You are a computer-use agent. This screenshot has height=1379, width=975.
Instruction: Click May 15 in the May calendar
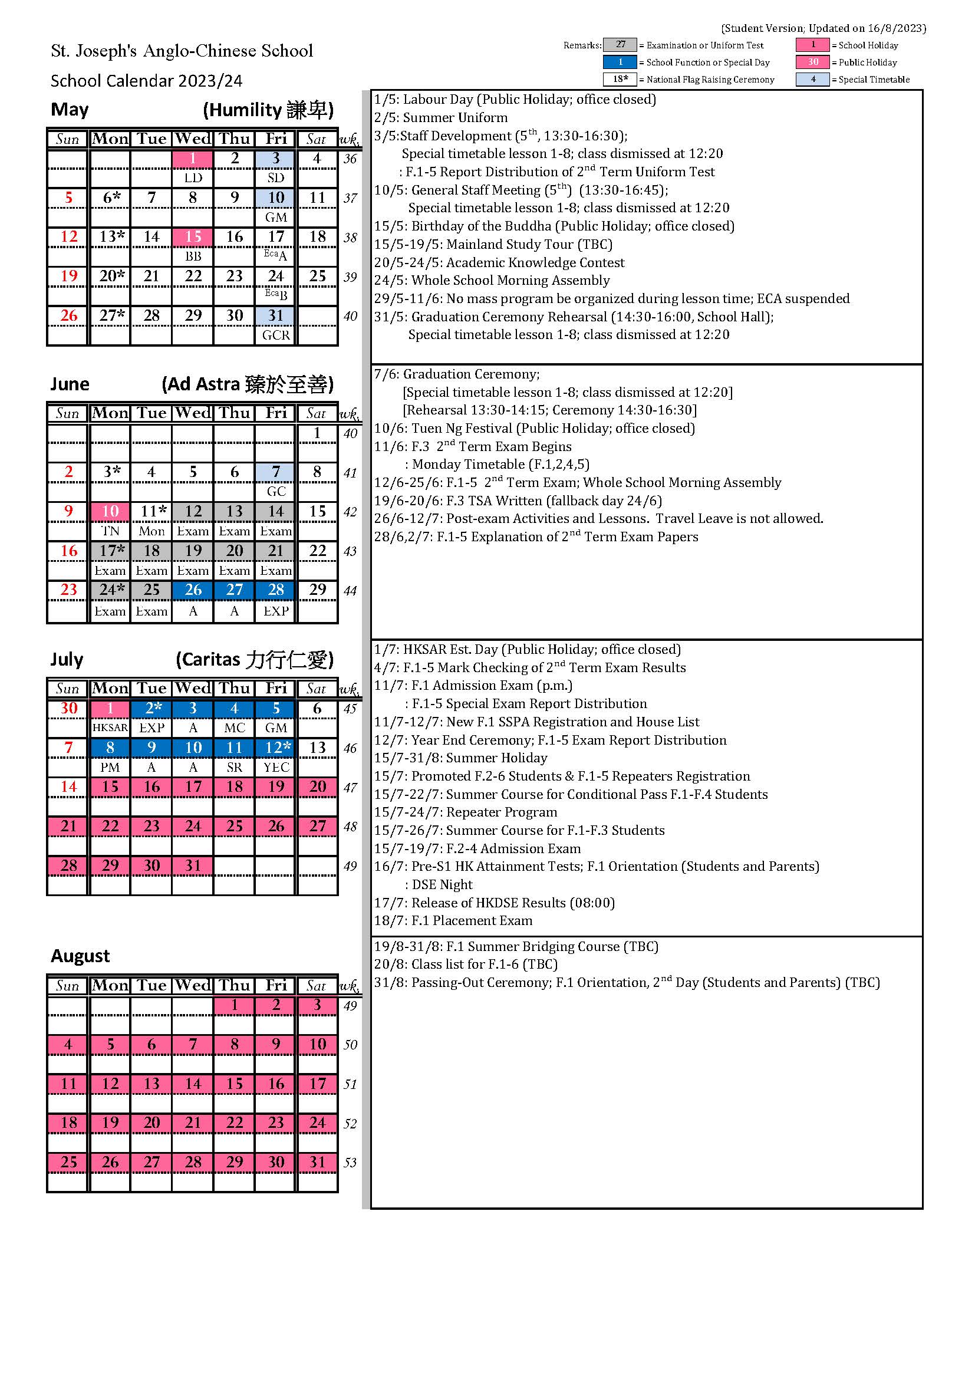click(x=193, y=236)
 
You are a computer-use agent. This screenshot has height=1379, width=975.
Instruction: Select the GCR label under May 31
click(x=275, y=335)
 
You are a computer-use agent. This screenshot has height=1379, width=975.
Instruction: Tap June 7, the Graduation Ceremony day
click(x=275, y=472)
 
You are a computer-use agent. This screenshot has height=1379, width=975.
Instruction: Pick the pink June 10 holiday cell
click(x=110, y=511)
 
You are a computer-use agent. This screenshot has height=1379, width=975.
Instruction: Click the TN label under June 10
click(x=110, y=531)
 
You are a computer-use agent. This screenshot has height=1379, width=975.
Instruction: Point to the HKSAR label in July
click(x=110, y=728)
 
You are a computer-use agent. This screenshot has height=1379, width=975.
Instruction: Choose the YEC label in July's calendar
click(x=275, y=767)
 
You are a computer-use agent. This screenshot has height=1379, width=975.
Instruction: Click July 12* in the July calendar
click(x=275, y=748)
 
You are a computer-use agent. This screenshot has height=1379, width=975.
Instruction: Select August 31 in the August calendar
click(x=317, y=1162)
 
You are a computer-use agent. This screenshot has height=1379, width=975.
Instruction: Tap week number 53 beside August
click(x=350, y=1163)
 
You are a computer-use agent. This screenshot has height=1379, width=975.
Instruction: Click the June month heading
click(x=70, y=384)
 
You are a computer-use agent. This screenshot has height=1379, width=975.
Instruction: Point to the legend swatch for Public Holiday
click(x=813, y=62)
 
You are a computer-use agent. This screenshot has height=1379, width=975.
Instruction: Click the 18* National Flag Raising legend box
click(x=620, y=79)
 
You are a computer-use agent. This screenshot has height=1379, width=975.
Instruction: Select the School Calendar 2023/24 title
click(x=147, y=81)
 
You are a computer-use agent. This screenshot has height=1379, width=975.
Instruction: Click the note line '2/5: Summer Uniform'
click(x=441, y=118)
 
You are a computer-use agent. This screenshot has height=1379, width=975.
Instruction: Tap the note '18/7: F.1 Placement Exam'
click(x=453, y=921)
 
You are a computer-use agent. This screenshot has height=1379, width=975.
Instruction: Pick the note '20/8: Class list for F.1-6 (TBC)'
click(x=466, y=965)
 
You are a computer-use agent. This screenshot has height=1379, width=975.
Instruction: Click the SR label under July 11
click(x=234, y=767)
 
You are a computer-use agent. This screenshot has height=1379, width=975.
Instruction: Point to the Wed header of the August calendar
click(x=193, y=986)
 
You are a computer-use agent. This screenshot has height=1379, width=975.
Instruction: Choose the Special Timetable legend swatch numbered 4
click(x=813, y=79)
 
